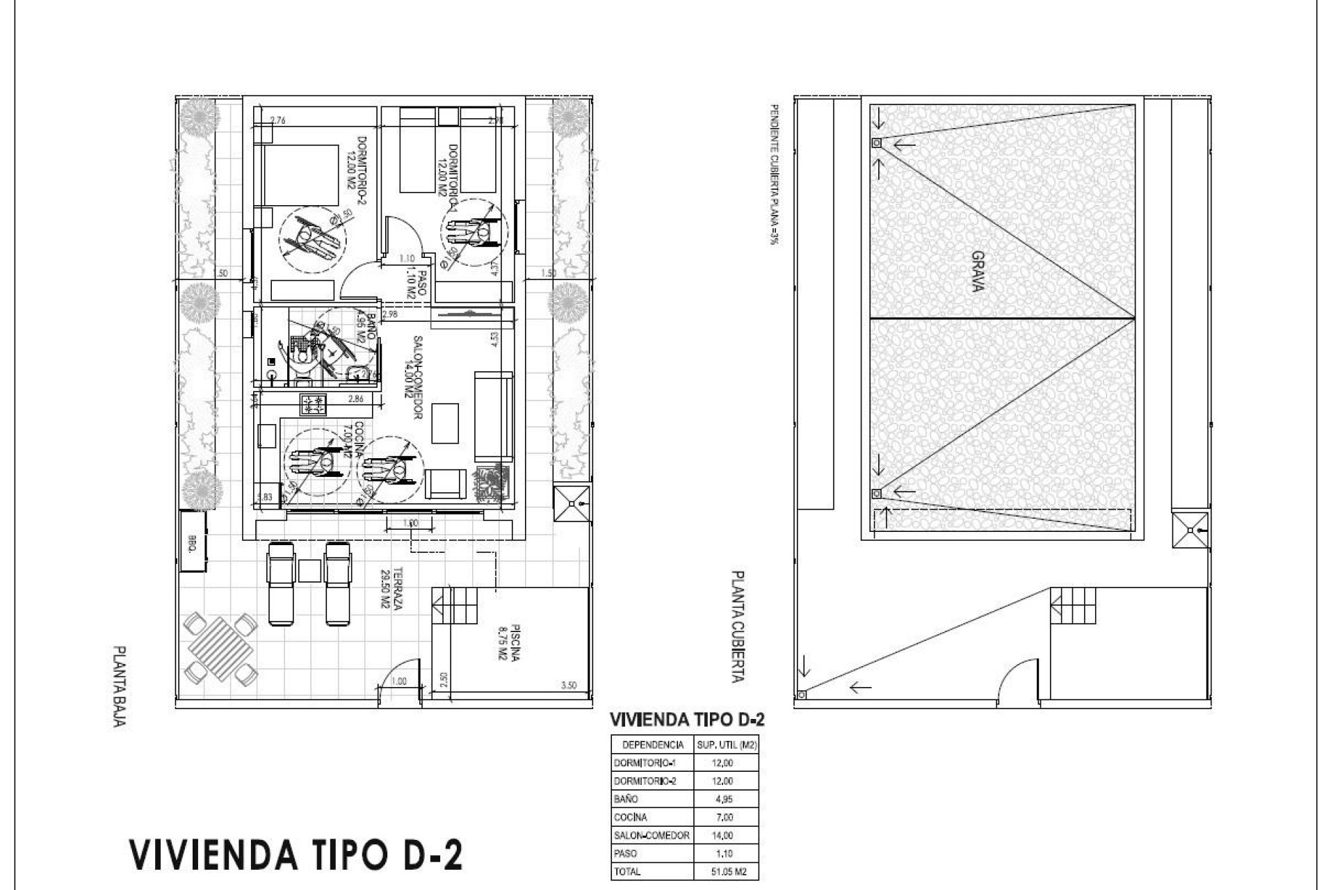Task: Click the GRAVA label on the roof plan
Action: point(976,272)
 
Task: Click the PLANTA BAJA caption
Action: point(120,686)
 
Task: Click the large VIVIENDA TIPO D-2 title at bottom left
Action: point(296,855)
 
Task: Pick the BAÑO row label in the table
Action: point(626,799)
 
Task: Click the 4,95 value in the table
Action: point(722,799)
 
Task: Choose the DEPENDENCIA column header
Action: point(652,745)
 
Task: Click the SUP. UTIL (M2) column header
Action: point(727,745)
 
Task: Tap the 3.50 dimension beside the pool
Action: point(568,685)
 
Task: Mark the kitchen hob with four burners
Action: point(313,405)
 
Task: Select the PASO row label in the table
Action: point(626,853)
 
